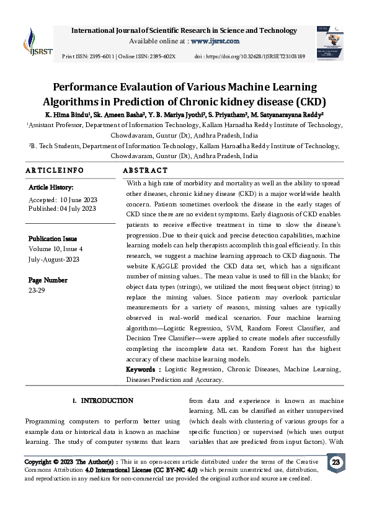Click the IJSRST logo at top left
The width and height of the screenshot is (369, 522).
(x=33, y=42)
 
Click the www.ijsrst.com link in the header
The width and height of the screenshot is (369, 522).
(x=215, y=41)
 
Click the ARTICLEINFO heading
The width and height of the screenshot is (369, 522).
(x=55, y=170)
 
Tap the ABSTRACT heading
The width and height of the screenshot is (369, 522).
(x=145, y=170)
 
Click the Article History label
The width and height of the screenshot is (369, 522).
(x=51, y=187)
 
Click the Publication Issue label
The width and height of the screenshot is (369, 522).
(x=53, y=239)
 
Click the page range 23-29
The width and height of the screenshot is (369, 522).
(x=37, y=290)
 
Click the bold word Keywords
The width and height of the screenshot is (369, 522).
(x=143, y=369)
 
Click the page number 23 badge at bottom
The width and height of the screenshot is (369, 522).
(x=336, y=463)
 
